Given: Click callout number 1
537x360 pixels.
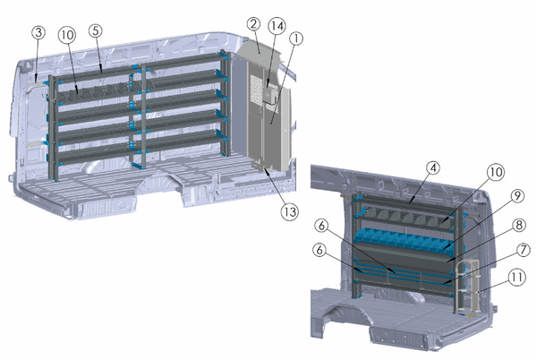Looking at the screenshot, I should [x=297, y=39].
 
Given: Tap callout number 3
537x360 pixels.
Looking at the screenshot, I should [x=38, y=31].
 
